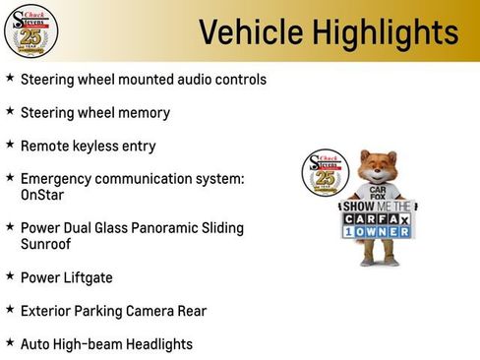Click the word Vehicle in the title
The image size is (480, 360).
tap(250, 32)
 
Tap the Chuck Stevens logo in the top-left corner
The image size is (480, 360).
tap(30, 30)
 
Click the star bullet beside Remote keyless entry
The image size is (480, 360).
tap(10, 144)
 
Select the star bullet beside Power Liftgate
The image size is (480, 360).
tap(10, 276)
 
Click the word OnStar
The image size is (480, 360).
tap(44, 195)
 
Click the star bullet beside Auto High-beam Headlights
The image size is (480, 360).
tap(10, 342)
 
